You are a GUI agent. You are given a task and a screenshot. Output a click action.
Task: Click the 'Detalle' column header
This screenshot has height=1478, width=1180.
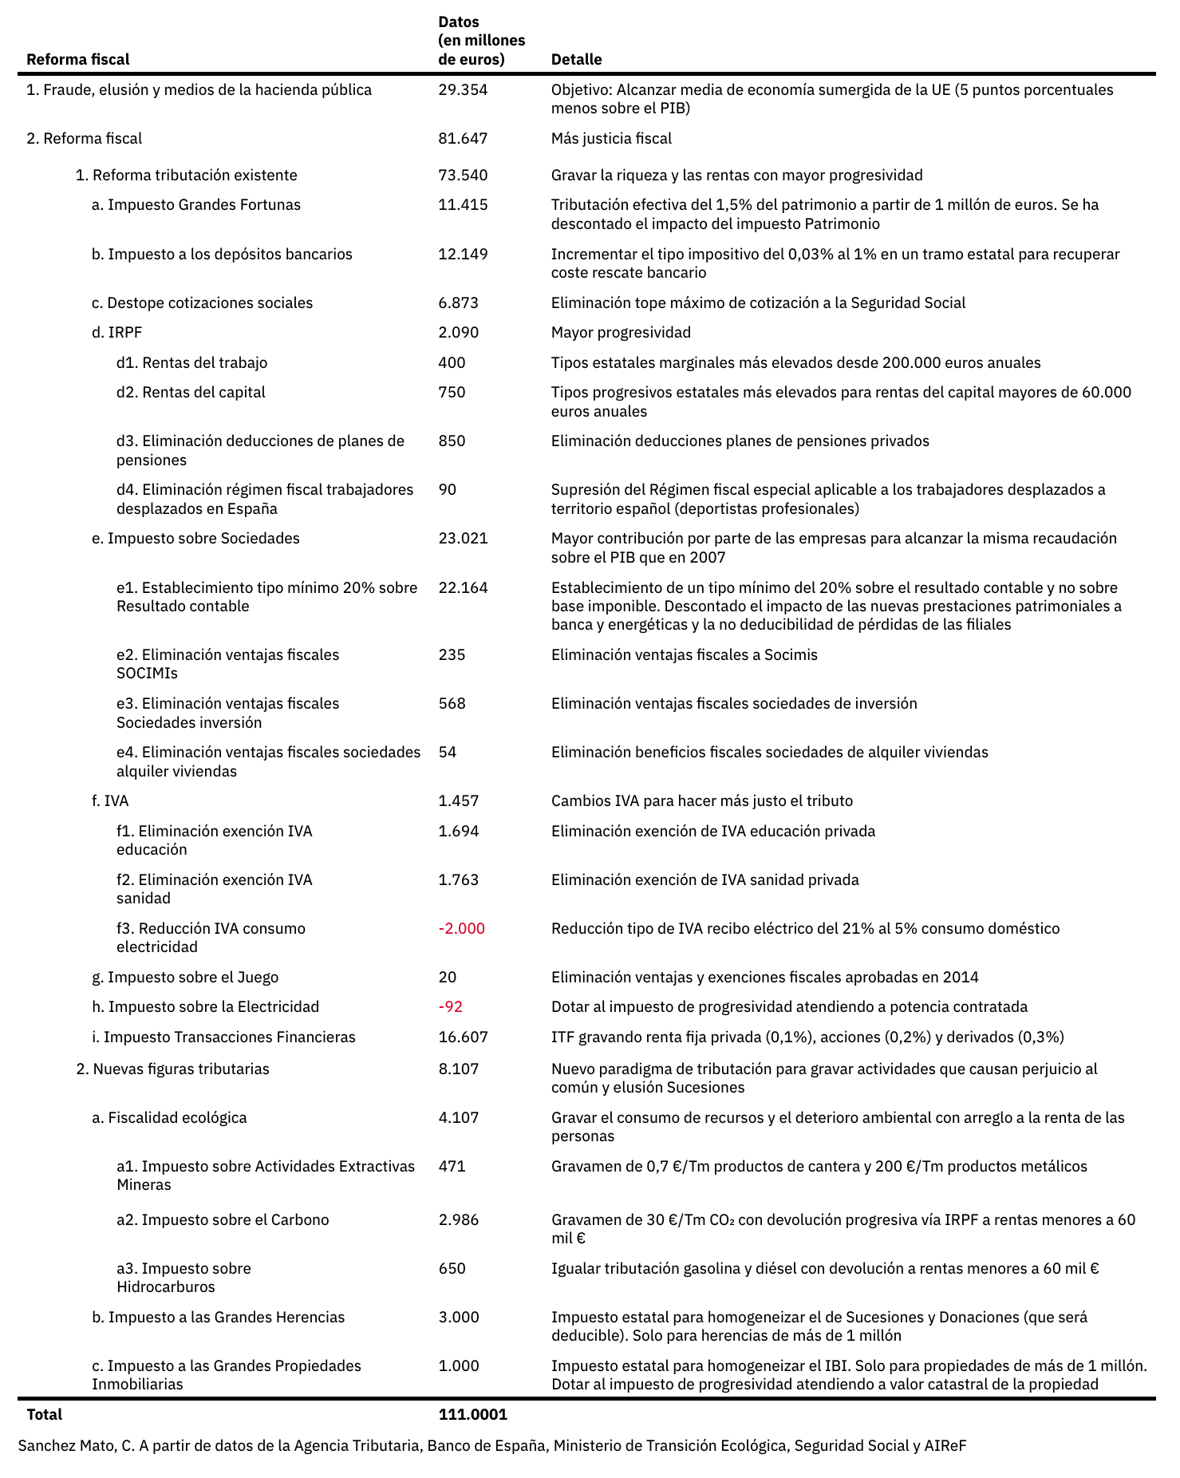pos(576,60)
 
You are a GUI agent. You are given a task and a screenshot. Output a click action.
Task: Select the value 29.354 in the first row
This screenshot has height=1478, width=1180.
pos(463,90)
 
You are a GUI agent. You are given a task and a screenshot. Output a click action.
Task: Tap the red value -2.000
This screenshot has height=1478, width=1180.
pos(462,929)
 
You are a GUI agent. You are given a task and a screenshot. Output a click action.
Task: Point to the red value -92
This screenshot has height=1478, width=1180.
pos(451,1007)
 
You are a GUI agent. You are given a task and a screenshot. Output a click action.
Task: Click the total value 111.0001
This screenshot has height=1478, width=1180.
pos(473,1415)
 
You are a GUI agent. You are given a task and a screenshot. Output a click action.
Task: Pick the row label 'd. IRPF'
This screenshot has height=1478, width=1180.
pos(116,333)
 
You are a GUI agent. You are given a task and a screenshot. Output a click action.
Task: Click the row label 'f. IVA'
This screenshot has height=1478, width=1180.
pos(110,801)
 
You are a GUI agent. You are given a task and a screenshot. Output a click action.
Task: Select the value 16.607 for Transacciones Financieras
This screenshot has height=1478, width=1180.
pos(463,1037)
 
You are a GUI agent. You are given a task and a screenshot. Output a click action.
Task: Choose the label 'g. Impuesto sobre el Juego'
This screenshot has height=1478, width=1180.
pos(185,978)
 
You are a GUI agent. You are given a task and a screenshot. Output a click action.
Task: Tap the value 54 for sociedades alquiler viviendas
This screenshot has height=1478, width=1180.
pos(448,753)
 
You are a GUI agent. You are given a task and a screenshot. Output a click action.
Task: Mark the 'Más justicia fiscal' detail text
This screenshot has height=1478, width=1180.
pos(611,139)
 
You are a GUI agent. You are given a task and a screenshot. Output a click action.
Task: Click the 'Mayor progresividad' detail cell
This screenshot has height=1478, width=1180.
pos(621,333)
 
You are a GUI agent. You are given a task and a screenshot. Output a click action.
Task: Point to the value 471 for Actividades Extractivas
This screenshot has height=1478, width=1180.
pos(452,1167)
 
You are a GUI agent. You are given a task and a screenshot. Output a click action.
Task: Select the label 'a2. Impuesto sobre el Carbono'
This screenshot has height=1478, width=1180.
pos(223,1220)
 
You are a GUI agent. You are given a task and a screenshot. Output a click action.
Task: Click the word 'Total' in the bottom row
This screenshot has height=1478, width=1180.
pos(45,1415)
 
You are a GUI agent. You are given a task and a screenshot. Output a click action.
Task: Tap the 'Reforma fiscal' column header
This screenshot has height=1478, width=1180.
pos(78,60)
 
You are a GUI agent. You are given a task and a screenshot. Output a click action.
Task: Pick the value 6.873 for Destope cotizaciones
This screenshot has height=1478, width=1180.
pos(459,303)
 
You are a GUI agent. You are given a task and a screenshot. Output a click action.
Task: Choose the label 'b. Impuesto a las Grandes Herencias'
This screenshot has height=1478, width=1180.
pos(219,1318)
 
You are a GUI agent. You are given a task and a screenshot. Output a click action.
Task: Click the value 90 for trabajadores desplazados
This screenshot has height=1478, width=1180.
pos(448,490)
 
